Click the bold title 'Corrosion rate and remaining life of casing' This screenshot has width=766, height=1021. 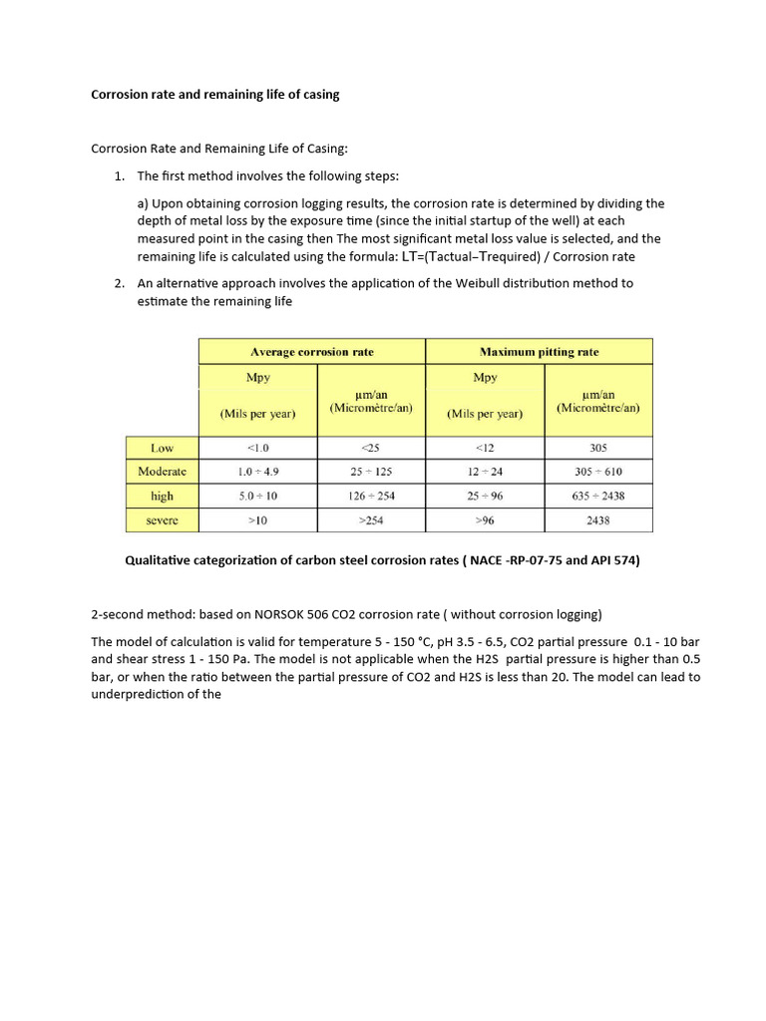pos(215,95)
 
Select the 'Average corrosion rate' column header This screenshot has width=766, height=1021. pos(312,352)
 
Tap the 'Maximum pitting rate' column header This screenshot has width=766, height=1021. pos(539,352)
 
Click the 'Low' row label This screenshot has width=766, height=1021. pos(162,448)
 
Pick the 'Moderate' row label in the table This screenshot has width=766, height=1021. pos(162,472)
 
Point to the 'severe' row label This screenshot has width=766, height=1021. pos(162,519)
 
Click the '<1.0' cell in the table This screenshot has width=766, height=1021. pos(258,448)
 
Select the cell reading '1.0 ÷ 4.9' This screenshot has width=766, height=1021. pos(258,472)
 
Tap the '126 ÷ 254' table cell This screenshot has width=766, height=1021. pos(371,496)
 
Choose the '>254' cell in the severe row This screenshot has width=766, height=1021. pos(371,519)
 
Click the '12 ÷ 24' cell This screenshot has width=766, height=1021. pos(485,472)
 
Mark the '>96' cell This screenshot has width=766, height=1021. pos(485,519)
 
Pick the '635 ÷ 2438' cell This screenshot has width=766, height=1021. pos(598,496)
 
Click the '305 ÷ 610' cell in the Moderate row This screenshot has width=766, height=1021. pos(598,472)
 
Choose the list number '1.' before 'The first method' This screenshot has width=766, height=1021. pos(119,176)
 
